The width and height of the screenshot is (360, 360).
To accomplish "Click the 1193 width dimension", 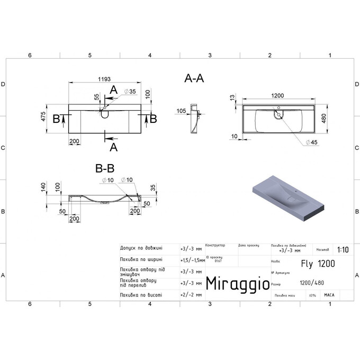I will tap(104, 79).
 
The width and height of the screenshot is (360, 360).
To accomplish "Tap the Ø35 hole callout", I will tap(130, 92).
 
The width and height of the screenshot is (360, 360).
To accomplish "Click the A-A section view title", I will tap(194, 78).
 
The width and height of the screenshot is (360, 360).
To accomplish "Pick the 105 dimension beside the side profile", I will tap(182, 111).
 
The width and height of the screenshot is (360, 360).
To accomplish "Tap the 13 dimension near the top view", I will tap(232, 98).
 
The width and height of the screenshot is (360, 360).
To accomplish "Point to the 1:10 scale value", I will tap(343, 249).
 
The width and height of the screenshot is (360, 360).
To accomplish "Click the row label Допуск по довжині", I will tap(141, 247).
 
